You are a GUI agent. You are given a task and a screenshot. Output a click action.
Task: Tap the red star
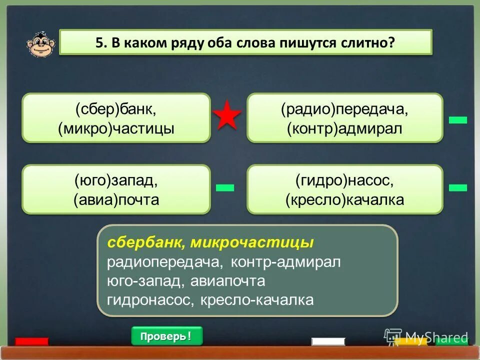[227, 116]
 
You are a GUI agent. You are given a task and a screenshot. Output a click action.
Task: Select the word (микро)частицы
[116, 128]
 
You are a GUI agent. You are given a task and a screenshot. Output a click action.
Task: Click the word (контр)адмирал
[344, 129]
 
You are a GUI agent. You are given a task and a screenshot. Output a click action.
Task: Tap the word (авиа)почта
[116, 200]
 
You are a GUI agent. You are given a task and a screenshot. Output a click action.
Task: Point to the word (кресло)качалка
[344, 200]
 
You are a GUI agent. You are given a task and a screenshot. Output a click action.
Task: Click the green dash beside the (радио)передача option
[457, 119]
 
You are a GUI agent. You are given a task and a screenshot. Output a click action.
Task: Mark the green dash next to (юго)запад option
[225, 187]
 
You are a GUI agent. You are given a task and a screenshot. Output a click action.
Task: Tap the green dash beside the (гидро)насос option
[457, 187]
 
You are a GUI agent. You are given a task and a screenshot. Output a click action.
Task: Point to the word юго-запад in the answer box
[144, 281]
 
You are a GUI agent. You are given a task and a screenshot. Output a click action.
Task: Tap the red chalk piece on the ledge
[31, 341]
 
